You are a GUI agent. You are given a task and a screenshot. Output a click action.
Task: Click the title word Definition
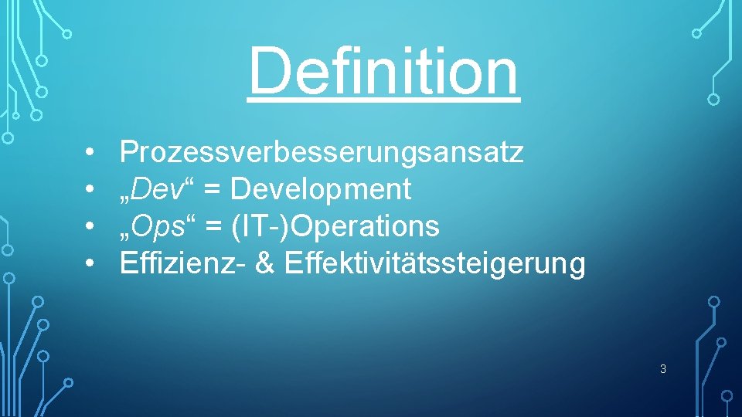(x=383, y=70)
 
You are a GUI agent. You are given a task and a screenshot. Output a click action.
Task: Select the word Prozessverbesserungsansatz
(x=322, y=152)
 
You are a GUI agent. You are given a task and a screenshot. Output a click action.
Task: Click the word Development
(x=321, y=189)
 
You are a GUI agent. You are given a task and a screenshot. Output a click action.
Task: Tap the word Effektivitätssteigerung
(x=435, y=263)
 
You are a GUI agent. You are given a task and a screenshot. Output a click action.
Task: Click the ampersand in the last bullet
(x=264, y=263)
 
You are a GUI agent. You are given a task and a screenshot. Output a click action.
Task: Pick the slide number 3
(x=663, y=369)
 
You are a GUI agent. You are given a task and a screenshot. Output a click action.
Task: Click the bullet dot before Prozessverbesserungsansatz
(x=90, y=153)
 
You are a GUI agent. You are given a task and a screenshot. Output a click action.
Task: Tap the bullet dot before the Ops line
(x=90, y=227)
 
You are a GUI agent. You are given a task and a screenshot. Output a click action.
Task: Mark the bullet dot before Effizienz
(x=90, y=264)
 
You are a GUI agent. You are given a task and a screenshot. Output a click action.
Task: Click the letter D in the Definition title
(x=267, y=70)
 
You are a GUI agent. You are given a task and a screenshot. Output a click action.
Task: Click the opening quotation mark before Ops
(x=125, y=236)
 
